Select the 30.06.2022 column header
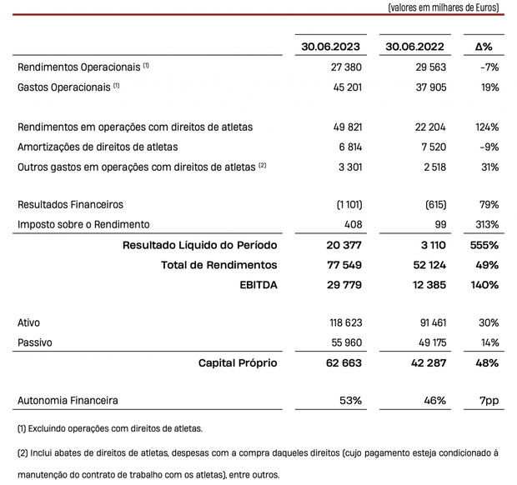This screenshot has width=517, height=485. [413, 47]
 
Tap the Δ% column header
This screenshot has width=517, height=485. [484, 47]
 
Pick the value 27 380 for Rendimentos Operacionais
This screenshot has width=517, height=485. [346, 66]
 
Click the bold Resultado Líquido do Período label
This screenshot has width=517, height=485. [199, 245]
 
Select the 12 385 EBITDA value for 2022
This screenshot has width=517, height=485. [428, 285]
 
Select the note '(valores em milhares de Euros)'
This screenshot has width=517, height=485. [444, 7]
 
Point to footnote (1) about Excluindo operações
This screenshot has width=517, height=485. [109, 429]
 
